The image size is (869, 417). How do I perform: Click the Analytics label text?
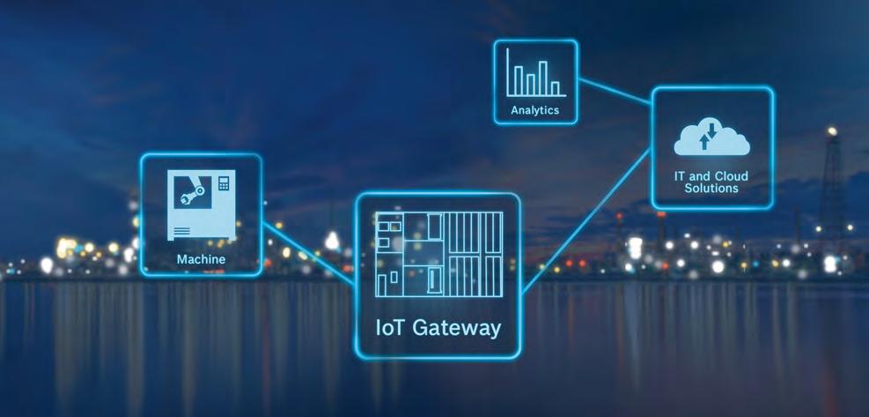pyautogui.click(x=534, y=111)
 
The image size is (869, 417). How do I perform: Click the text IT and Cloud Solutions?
pyautogui.click(x=712, y=182)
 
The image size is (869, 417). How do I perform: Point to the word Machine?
pyautogui.click(x=201, y=259)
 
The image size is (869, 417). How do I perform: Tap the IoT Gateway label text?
pyautogui.click(x=438, y=329)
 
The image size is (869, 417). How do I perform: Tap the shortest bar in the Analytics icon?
pyautogui.click(x=556, y=88)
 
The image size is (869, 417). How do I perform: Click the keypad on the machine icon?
pyautogui.click(x=224, y=183)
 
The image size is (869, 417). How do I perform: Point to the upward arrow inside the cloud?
pyautogui.click(x=703, y=141)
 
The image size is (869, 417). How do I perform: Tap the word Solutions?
pyautogui.click(x=712, y=189)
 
